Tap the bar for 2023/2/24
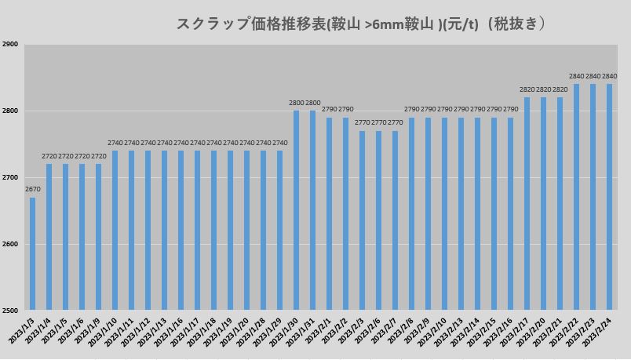pos(609,197)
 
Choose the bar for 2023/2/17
pos(527,203)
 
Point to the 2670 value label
pos(32,190)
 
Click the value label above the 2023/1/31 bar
pos(312,103)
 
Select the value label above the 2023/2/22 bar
pos(576,76)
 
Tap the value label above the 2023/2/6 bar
pos(378,123)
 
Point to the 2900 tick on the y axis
pos(10,45)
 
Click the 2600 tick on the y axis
pos(10,244)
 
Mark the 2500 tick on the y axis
pos(10,311)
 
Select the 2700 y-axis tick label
pos(10,178)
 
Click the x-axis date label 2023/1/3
pos(21,331)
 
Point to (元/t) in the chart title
pos(461,24)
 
